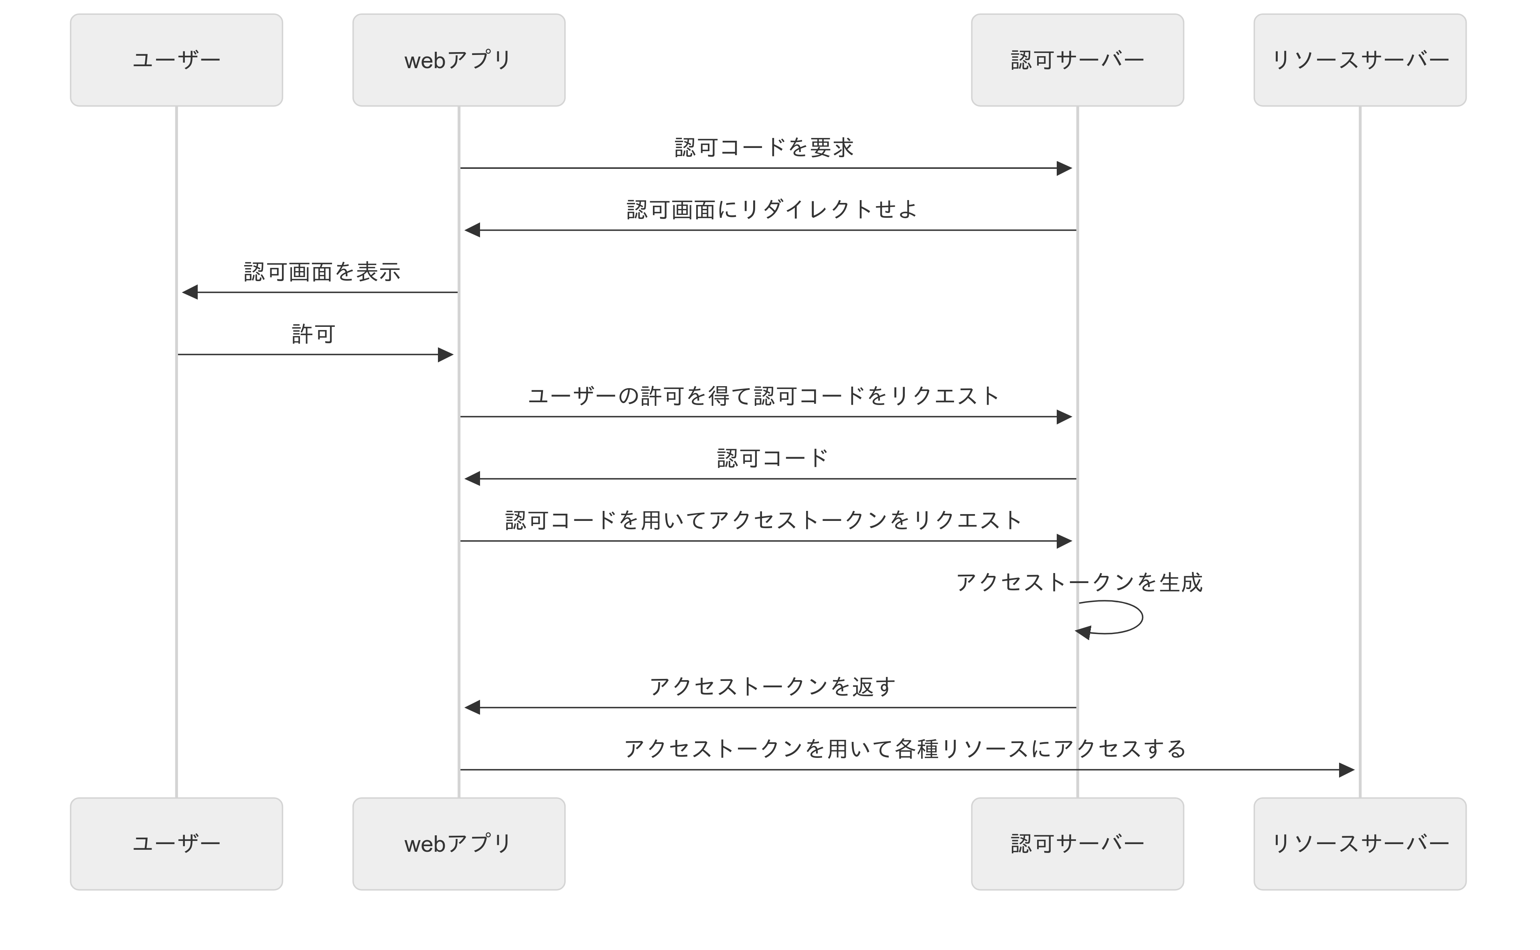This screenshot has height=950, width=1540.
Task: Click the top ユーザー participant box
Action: pos(176,60)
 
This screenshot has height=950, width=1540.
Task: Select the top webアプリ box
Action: pos(459,60)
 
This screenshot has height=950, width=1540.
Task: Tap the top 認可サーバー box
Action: pos(1078,60)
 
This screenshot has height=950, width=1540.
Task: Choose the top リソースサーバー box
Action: pos(1360,60)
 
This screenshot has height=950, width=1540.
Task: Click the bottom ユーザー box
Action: pos(176,844)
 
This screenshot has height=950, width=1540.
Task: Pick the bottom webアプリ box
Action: pos(459,844)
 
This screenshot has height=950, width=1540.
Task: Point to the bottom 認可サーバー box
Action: pos(1078,844)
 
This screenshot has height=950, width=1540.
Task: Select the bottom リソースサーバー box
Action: pos(1360,844)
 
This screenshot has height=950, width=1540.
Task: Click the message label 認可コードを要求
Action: pos(764,148)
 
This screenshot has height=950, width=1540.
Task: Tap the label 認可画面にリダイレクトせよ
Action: pos(772,209)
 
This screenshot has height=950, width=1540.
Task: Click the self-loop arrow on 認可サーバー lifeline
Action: pos(1142,617)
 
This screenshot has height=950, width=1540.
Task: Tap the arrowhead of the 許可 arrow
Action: pos(446,355)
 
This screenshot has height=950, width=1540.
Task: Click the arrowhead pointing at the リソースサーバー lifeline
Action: pos(1346,770)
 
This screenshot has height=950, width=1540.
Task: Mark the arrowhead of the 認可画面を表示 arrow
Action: pos(190,292)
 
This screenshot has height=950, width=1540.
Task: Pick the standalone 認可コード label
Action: pos(772,458)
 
